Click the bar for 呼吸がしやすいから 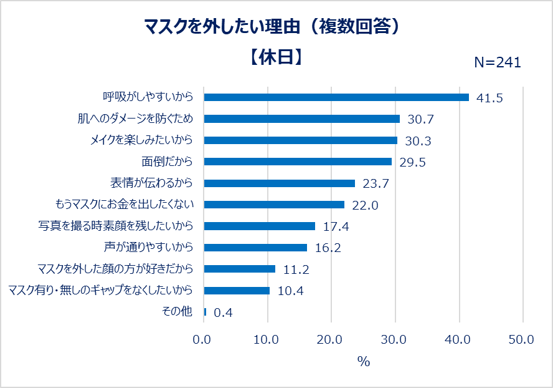pyautogui.click(x=336, y=97)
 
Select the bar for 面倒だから pyautogui.click(x=298, y=162)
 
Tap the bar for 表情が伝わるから pyautogui.click(x=279, y=183)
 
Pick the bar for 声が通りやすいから pyautogui.click(x=255, y=248)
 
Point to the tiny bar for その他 pyautogui.click(x=205, y=312)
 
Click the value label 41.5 pyautogui.click(x=489, y=98)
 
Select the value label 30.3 pyautogui.click(x=418, y=141)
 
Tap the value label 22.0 pyautogui.click(x=365, y=205)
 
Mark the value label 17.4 pyautogui.click(x=336, y=226)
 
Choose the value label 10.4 pyautogui.click(x=290, y=291)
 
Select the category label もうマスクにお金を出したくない pyautogui.click(x=125, y=205)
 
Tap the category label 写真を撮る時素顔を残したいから pyautogui.click(x=116, y=226)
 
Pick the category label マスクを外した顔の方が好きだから pyautogui.click(x=115, y=269)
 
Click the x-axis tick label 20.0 pyautogui.click(x=330, y=340)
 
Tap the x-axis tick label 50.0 pyautogui.click(x=521, y=340)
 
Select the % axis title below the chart pyautogui.click(x=363, y=362)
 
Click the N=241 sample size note pyautogui.click(x=498, y=62)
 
